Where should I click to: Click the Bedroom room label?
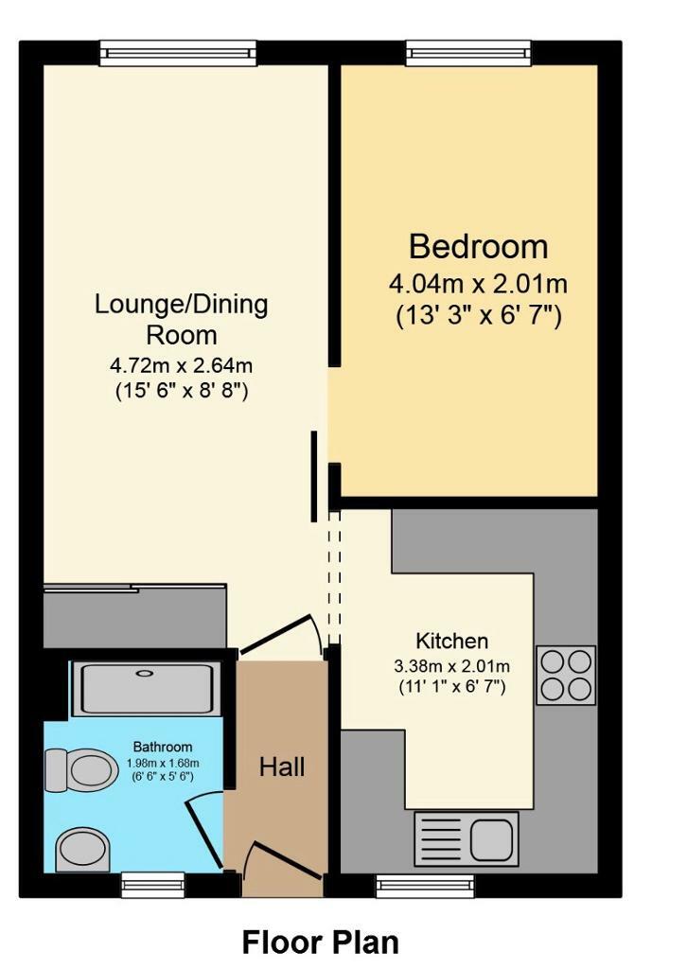478,247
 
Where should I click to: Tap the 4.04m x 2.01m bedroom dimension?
478,284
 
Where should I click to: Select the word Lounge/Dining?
181,305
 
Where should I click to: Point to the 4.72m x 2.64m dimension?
181,365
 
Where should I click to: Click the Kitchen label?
451,641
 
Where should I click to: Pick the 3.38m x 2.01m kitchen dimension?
451,666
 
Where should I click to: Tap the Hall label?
282,766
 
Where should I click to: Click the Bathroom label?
163,747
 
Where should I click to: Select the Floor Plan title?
320,943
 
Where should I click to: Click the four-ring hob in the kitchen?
566,676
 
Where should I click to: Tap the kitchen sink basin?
492,838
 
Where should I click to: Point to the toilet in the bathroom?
82,770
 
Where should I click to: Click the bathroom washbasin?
83,850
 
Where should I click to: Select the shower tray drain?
144,673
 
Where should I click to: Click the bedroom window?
468,53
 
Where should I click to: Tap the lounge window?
178,53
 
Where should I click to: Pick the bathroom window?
152,885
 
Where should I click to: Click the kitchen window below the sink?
425,886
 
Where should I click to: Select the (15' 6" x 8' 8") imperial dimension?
181,391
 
